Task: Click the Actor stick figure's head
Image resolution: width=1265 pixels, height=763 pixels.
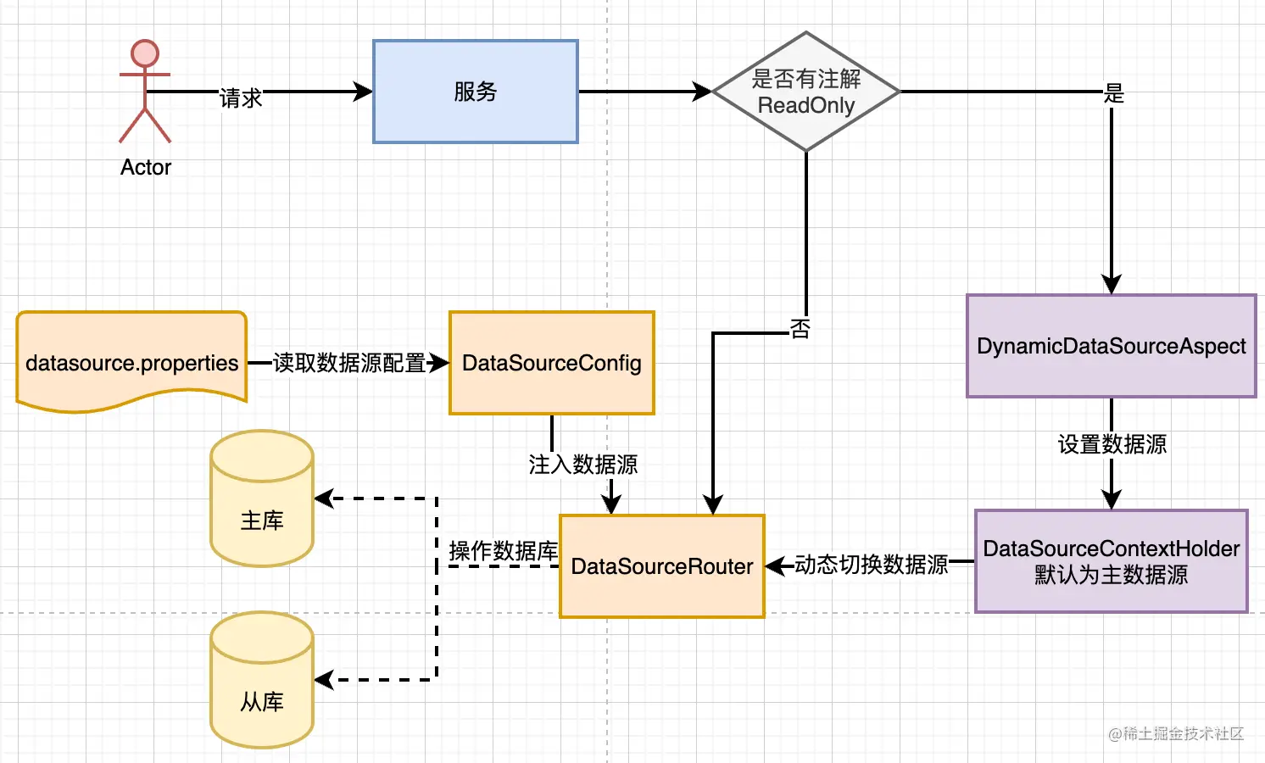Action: [x=145, y=53]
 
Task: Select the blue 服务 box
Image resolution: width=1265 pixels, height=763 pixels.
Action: [x=476, y=92]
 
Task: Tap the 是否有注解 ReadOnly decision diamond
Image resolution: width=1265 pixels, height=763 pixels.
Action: [x=805, y=92]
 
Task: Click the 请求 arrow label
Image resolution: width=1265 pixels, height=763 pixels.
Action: [x=241, y=97]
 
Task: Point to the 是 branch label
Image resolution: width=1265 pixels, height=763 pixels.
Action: [x=1113, y=93]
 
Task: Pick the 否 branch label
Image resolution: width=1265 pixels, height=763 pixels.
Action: [x=800, y=328]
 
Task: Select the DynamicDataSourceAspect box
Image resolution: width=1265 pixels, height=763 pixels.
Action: [x=1112, y=346]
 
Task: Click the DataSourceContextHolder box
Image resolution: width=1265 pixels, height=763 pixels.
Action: [x=1112, y=561]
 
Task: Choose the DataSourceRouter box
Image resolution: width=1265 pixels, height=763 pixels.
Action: [x=662, y=566]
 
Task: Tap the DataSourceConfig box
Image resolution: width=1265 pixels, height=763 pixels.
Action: [x=552, y=363]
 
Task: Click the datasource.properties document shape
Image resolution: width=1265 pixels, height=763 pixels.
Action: [x=131, y=362]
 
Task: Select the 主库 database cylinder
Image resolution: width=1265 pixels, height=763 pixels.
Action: [x=262, y=498]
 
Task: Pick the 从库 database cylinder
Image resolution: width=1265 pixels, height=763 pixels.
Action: [x=262, y=680]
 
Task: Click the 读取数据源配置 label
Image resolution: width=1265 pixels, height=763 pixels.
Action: [x=349, y=363]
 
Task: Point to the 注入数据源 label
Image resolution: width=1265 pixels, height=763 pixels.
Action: [x=582, y=465]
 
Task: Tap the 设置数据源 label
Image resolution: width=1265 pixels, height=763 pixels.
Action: [x=1112, y=444]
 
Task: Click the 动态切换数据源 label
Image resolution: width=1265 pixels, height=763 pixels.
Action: [x=871, y=565]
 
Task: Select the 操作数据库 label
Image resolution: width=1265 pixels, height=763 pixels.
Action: [x=503, y=551]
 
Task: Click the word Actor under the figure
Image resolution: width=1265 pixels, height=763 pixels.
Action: [x=146, y=167]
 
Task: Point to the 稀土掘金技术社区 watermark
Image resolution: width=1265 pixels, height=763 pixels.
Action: [x=1176, y=733]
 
